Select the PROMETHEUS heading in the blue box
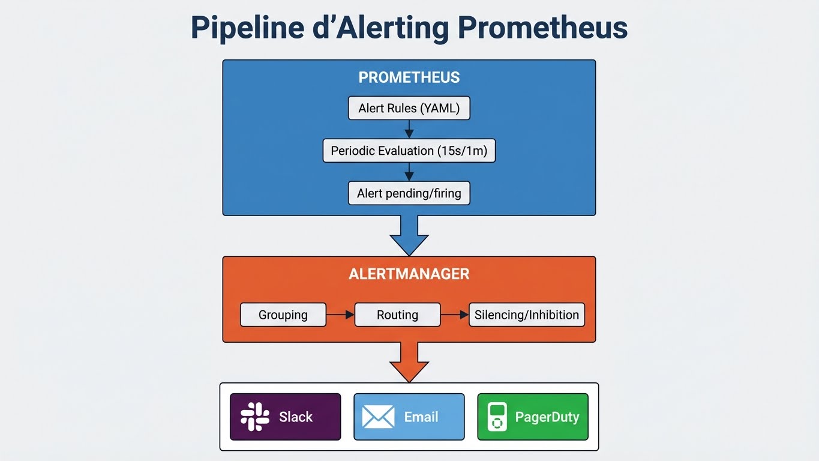tap(409, 77)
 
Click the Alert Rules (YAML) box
tap(409, 109)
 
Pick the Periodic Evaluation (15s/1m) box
tap(409, 151)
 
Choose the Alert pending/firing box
tap(409, 193)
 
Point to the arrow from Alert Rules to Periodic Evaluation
tap(409, 129)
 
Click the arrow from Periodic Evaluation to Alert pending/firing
tap(409, 172)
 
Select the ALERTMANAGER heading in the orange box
tap(409, 274)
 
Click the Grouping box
tap(283, 315)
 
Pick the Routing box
tap(397, 315)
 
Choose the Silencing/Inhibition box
tap(526, 315)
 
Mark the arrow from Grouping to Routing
tap(340, 315)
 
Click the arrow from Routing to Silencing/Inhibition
tap(454, 315)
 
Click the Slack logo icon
tap(255, 417)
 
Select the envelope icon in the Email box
tap(379, 417)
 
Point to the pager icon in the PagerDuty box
tap(496, 417)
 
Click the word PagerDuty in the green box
tap(547, 417)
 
